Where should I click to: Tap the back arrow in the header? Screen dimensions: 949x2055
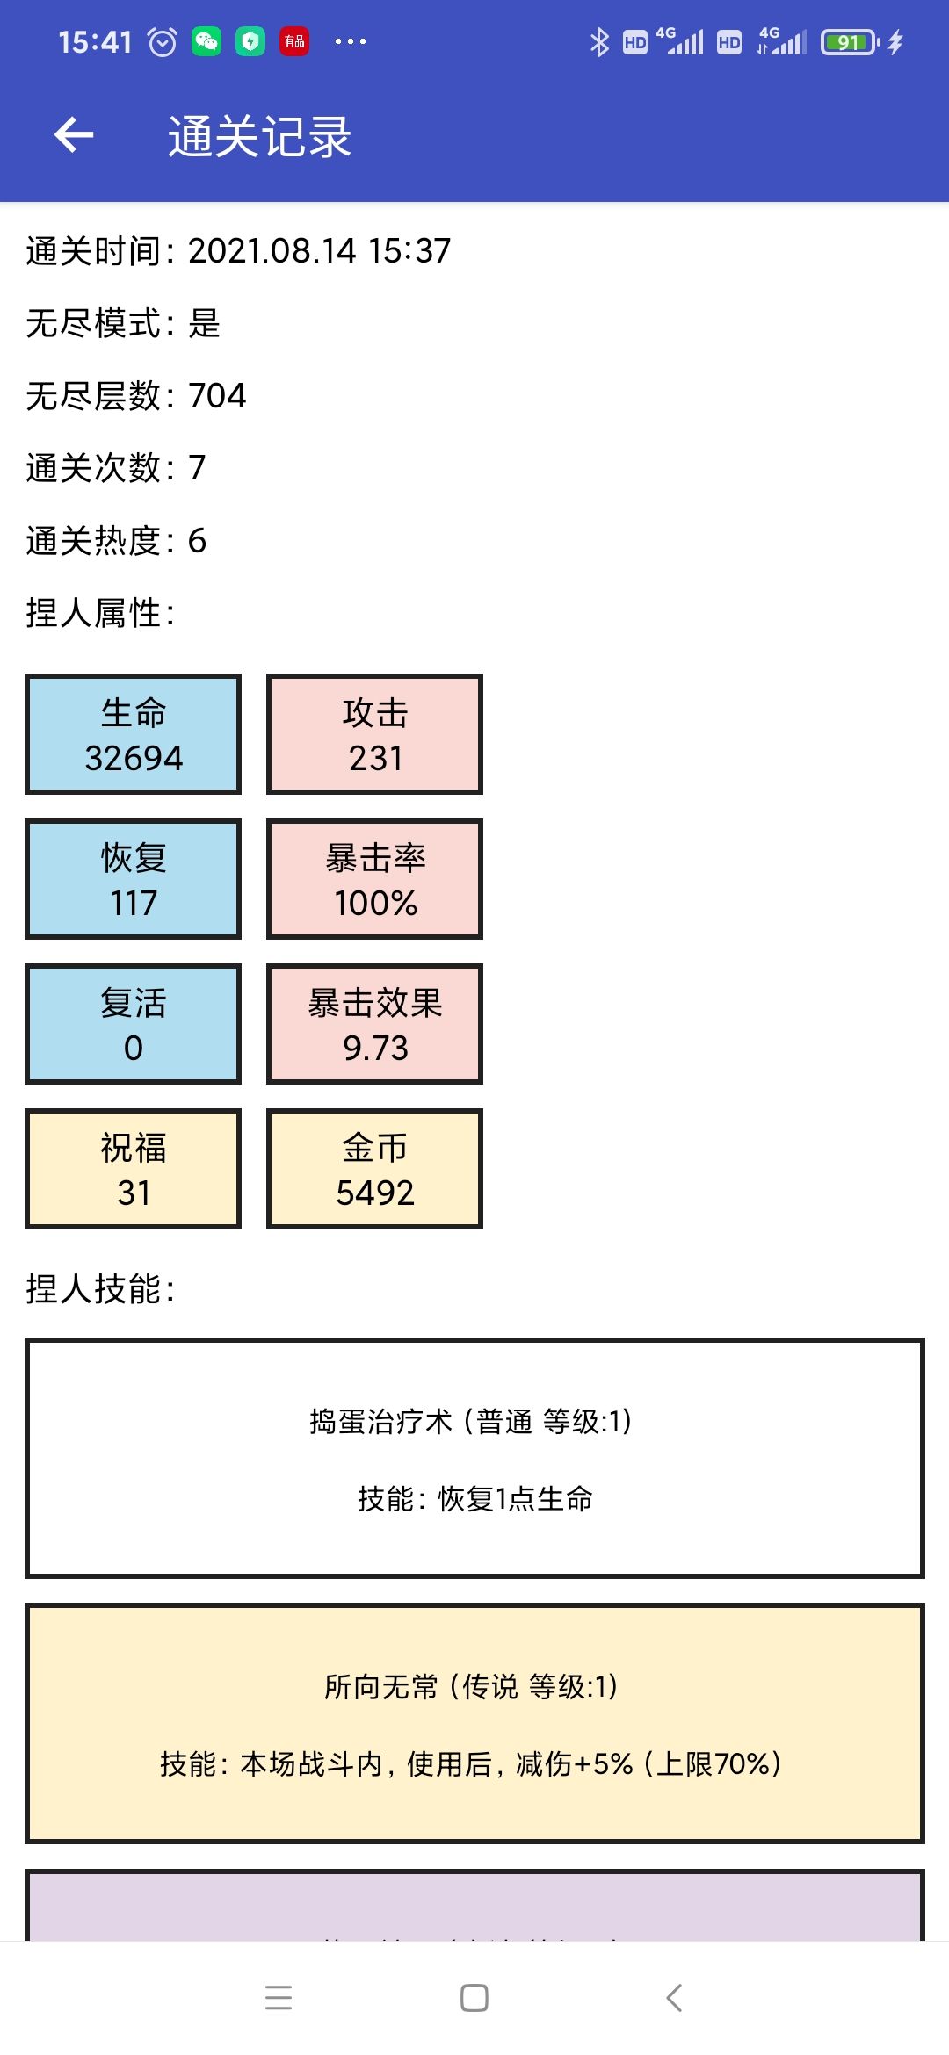pos(74,135)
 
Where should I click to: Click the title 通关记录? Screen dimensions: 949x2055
pos(260,137)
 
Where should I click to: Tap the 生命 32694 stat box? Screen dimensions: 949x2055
pos(133,734)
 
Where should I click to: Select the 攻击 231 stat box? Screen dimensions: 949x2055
pos(374,734)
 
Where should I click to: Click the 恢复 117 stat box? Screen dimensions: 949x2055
pos(133,879)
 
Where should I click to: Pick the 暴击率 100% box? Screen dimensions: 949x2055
pos(374,879)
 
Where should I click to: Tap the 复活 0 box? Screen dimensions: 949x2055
pos(133,1024)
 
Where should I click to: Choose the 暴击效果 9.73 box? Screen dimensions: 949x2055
pos(374,1024)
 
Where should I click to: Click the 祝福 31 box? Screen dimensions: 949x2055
pos(133,1169)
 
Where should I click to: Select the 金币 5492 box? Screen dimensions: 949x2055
pos(374,1169)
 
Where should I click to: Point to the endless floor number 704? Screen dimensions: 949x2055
pos(217,396)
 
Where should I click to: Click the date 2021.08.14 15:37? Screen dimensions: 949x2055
pos(319,251)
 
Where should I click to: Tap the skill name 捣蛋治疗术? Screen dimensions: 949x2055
pos(380,1421)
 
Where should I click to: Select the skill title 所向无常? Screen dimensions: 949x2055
pos(380,1686)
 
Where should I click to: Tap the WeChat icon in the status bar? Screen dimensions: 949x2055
pos(206,41)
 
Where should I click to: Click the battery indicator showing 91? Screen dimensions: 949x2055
pos(850,42)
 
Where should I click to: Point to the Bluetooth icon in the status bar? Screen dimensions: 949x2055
pos(599,42)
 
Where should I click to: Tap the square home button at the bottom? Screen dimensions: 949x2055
pos(474,1998)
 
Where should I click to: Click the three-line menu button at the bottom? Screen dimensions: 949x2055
pos(279,1998)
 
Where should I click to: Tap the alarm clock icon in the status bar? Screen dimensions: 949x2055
pos(163,41)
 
